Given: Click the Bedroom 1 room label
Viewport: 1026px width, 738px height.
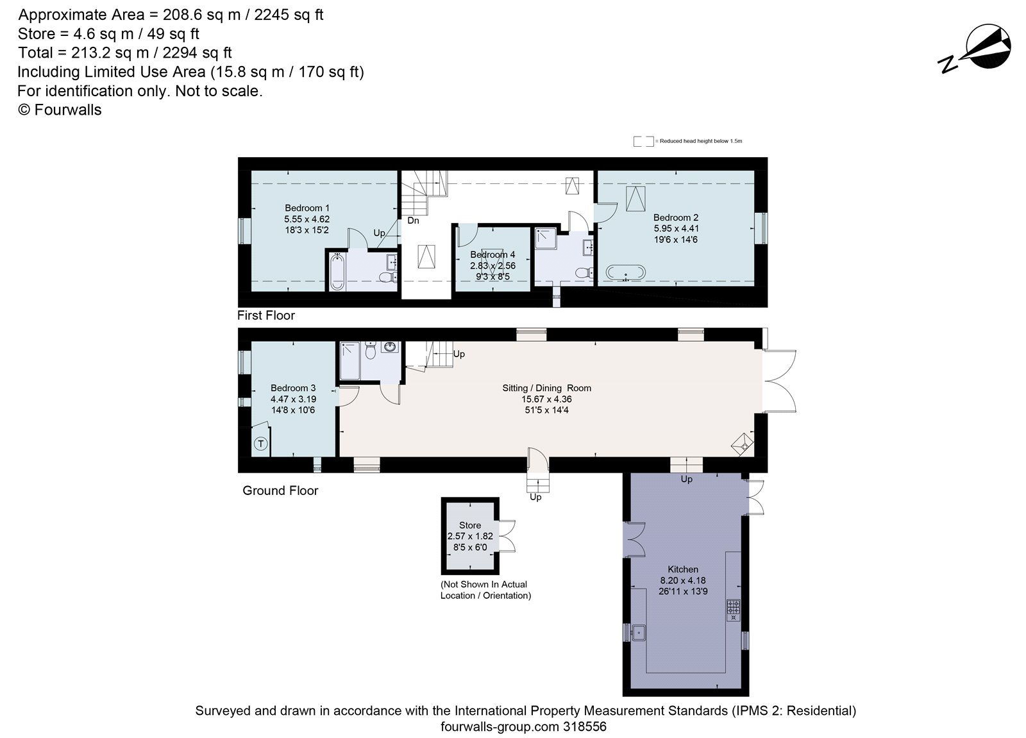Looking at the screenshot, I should [x=307, y=208].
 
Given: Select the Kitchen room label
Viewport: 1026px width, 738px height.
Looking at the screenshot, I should [x=683, y=569].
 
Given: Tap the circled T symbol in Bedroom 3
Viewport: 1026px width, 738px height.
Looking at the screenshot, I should [x=261, y=443].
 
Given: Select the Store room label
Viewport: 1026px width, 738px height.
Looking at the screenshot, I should [x=470, y=525].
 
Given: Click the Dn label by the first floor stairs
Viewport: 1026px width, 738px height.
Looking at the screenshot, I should [x=413, y=221].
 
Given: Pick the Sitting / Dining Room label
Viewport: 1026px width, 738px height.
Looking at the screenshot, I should [x=546, y=388].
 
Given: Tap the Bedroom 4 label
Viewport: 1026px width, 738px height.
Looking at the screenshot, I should [x=492, y=255].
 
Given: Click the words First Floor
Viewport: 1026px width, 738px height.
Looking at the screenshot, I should [x=266, y=315].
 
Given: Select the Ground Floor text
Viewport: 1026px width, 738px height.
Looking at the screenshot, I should [x=280, y=491].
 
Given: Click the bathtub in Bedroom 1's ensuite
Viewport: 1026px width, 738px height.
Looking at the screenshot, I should [x=337, y=272].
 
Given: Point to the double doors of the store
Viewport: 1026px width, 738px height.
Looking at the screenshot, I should [x=507, y=536].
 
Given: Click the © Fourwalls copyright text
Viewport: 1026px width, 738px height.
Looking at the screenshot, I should [x=60, y=110].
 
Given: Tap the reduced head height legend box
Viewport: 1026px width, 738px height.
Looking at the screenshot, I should [x=643, y=141].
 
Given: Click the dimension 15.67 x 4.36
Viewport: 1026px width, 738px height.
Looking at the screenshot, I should [x=546, y=399].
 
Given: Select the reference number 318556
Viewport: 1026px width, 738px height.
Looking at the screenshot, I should [x=584, y=727].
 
